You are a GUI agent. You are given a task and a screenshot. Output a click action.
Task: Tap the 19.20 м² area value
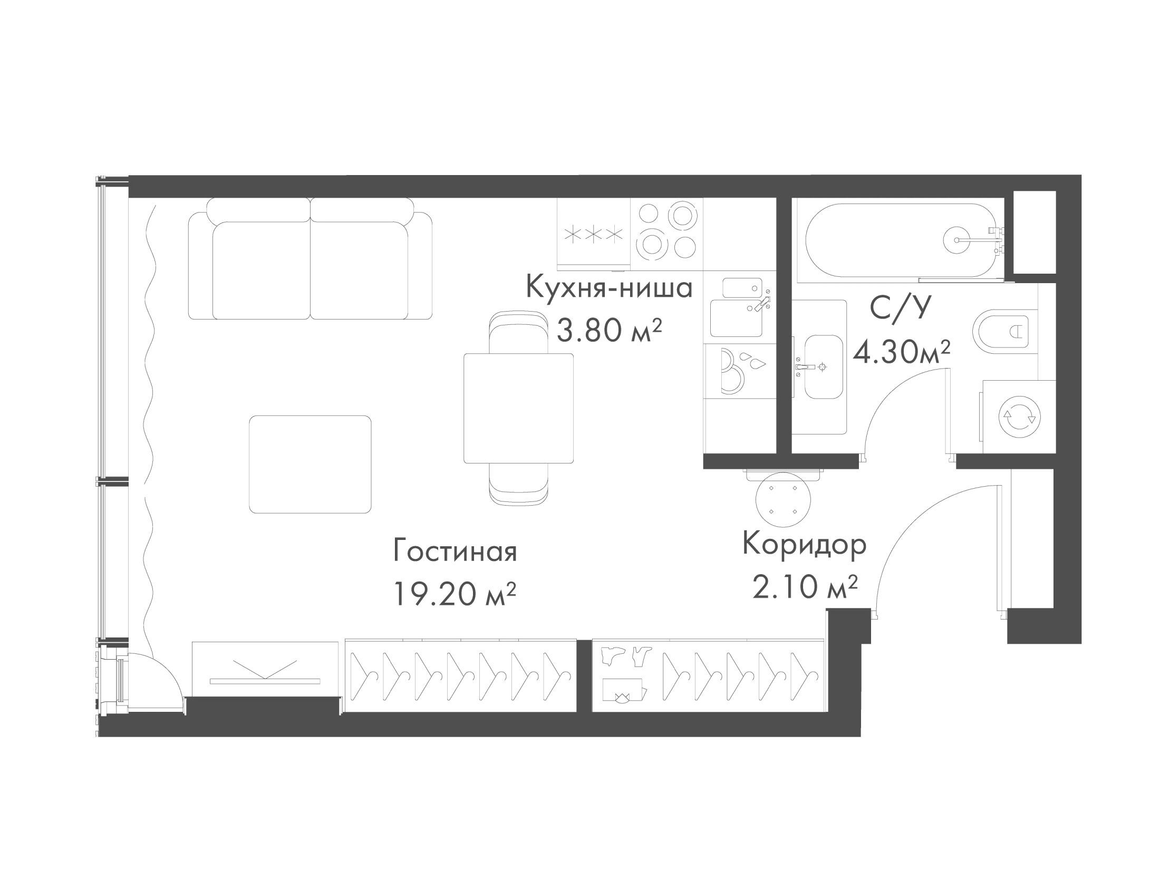coord(454,594)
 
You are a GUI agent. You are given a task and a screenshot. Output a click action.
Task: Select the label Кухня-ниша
coord(609,288)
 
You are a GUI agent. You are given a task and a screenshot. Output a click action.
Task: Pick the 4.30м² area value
coord(902,352)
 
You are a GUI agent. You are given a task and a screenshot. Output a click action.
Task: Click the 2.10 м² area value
coord(804,587)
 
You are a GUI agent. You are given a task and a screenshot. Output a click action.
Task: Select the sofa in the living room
coord(310,258)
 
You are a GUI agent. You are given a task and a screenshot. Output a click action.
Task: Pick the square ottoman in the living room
coord(310,464)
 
